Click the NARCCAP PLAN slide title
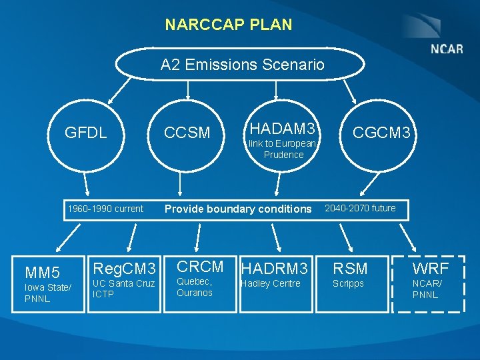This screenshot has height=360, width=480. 229,25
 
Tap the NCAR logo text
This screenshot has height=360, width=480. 447,49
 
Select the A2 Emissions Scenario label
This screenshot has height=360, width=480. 242,65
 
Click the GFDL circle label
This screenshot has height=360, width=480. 85,132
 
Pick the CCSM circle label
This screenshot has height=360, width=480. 187,133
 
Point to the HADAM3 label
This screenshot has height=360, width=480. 281,128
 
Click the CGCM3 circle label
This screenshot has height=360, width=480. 381,133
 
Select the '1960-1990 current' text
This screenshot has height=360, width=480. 105,209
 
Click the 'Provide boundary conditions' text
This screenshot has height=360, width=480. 238,209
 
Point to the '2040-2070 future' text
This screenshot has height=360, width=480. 360,208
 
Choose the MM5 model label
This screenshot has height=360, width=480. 42,272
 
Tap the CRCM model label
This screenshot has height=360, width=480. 200,267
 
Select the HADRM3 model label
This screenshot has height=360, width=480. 275,269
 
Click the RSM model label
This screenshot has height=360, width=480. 351,269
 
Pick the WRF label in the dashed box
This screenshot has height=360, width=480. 430,269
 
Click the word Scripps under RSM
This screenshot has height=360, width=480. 349,284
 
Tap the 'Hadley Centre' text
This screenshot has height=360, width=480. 271,284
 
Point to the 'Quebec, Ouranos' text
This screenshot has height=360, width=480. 195,287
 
